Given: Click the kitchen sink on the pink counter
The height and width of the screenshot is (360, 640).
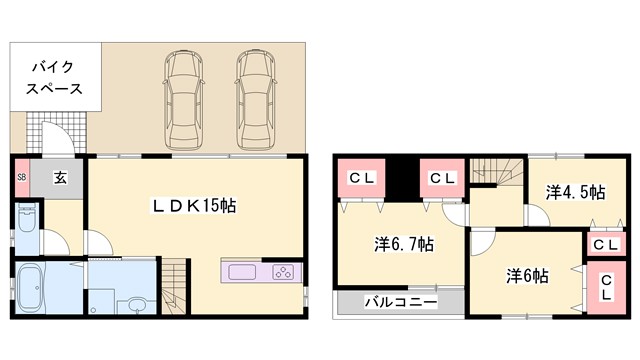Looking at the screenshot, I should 245,272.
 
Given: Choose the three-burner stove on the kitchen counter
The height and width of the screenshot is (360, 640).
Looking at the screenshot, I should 281,272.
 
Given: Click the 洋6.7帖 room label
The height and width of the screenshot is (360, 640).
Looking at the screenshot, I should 404,243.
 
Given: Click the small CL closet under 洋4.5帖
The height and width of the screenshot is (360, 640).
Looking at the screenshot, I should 604,243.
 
